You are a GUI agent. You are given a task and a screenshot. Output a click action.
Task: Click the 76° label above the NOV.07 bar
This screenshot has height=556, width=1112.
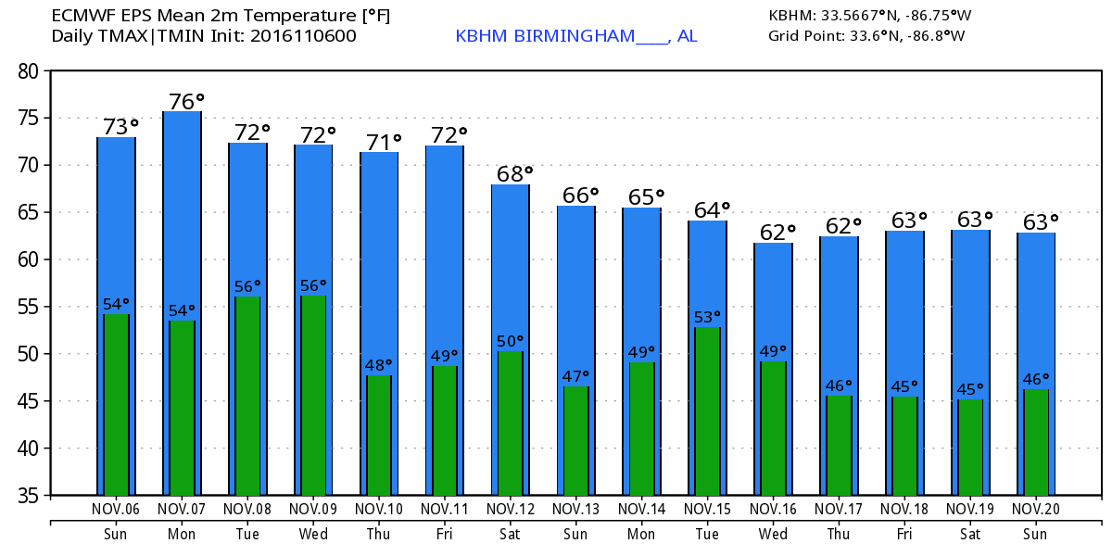pos(186,101)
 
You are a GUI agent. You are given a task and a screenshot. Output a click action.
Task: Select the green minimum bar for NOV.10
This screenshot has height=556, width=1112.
pos(379,436)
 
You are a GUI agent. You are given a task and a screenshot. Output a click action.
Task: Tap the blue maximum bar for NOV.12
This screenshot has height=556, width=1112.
pos(511,269)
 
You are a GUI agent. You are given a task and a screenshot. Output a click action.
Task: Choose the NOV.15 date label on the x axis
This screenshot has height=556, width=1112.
pos(708,509)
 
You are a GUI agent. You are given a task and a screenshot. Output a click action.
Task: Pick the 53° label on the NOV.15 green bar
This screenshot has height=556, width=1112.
pos(708,318)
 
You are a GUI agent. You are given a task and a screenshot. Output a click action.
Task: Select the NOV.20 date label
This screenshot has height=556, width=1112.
pos(1035,509)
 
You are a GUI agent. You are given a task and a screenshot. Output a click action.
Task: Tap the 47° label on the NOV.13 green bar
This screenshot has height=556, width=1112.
pos(576,377)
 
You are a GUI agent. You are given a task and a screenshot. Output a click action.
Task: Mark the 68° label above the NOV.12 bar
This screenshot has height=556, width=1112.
pos(514,173)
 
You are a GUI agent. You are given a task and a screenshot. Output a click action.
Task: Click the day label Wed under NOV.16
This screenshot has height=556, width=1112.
pos(773,535)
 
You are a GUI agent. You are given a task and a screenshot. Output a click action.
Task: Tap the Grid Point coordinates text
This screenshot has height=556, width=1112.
pos(866,36)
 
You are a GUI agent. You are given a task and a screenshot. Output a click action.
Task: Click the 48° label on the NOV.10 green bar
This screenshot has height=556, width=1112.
pos(379,365)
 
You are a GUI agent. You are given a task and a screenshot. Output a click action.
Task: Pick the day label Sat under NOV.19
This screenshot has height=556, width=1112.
pos(970,535)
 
